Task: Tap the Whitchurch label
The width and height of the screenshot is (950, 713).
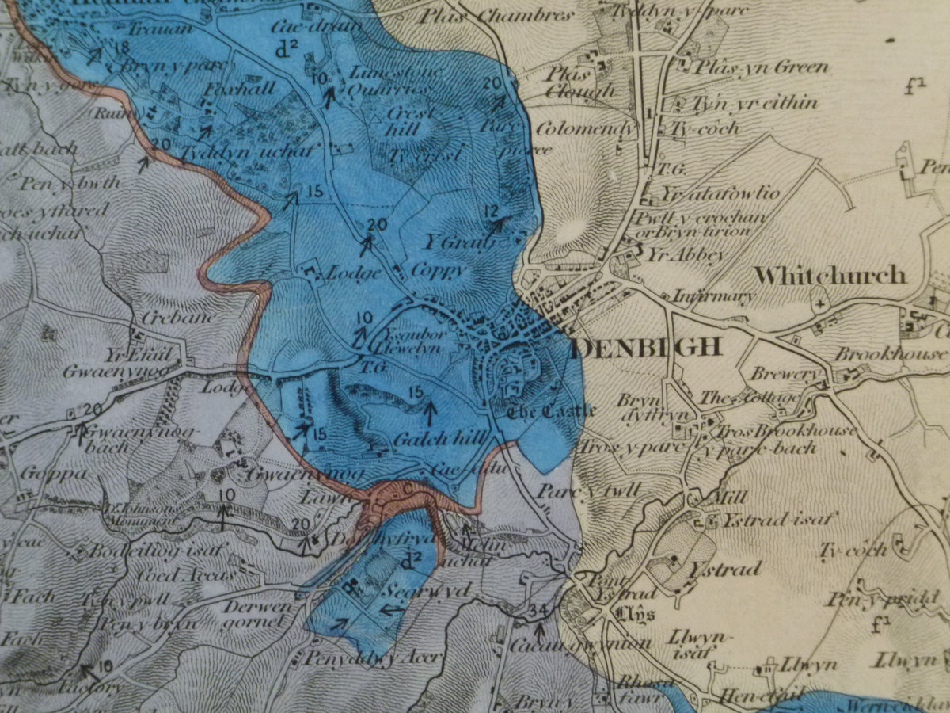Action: pyautogui.click(x=830, y=276)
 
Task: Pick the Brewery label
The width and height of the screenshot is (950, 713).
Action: pyautogui.click(x=777, y=373)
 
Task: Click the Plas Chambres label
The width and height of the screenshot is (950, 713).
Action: pyautogui.click(x=496, y=15)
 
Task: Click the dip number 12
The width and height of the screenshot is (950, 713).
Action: pyautogui.click(x=492, y=210)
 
